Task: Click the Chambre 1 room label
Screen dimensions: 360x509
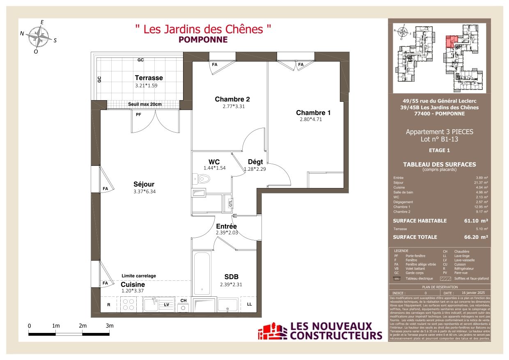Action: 313,112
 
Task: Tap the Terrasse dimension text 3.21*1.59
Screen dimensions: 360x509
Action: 147,86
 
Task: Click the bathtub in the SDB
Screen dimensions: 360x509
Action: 202,273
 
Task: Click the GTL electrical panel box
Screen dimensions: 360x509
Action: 230,202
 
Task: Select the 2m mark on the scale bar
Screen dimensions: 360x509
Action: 83,326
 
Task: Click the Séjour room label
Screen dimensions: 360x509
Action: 144,184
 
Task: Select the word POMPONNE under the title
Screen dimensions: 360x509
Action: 203,40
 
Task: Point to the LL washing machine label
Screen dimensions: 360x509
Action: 250,304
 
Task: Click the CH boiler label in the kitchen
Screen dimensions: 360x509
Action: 183,300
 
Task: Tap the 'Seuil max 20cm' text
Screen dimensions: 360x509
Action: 145,104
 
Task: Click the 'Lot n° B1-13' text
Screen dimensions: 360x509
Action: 439,139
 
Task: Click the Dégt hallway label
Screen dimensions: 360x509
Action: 255,162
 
